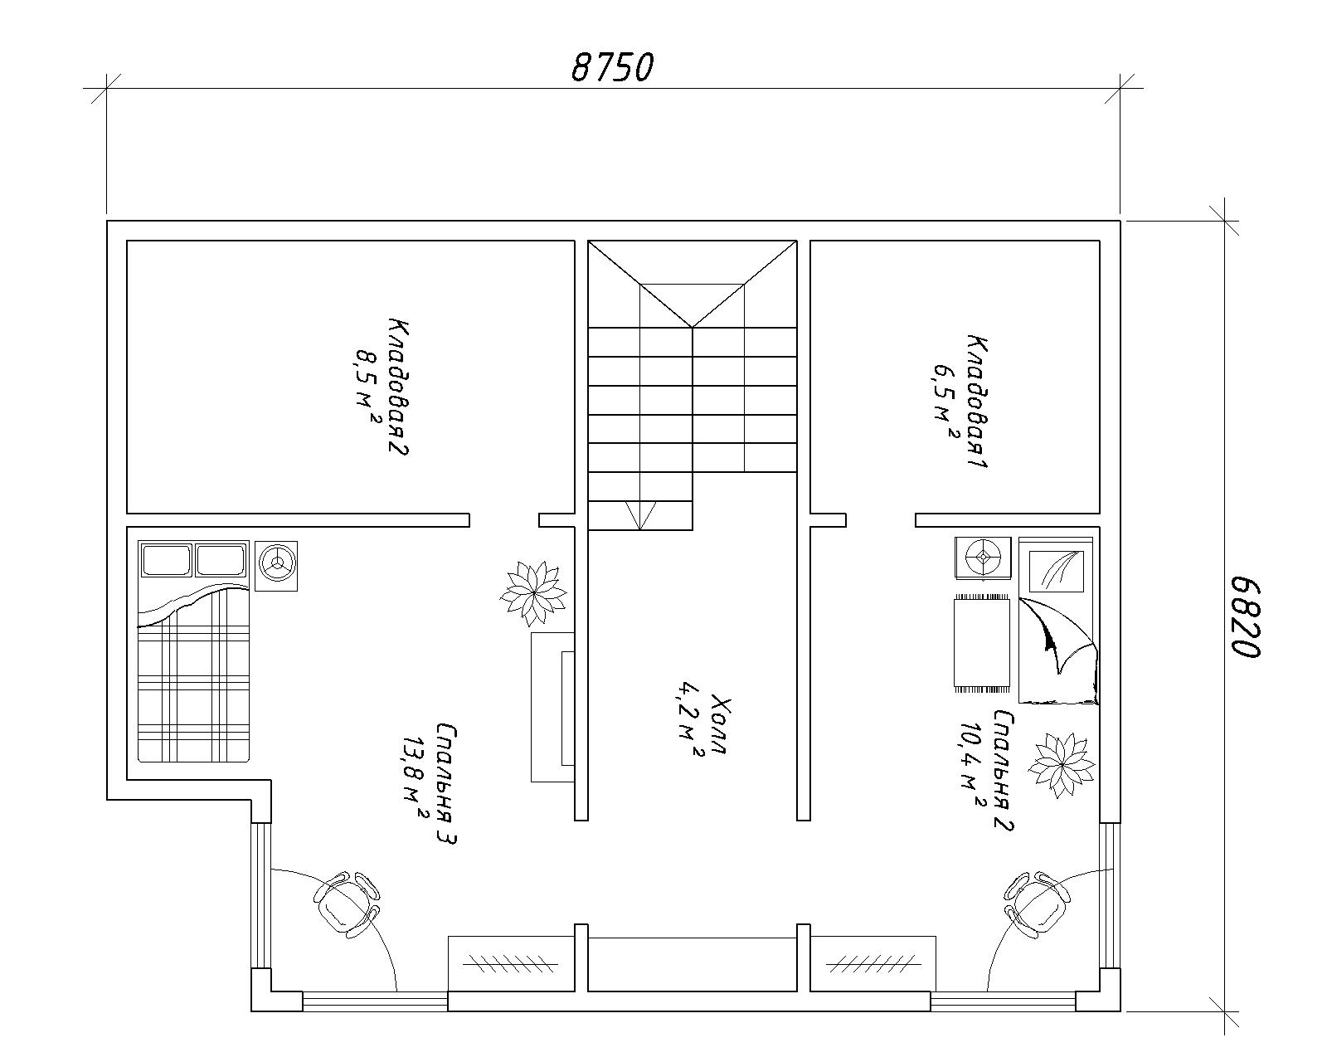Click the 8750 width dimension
[x=612, y=68]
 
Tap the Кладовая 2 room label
[x=398, y=387]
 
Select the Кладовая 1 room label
[x=977, y=402]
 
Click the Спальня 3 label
[x=446, y=784]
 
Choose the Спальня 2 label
[x=1003, y=771]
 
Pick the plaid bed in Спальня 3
[x=194, y=651]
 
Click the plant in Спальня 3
[x=533, y=593]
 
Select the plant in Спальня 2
[x=1062, y=765]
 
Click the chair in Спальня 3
[x=346, y=904]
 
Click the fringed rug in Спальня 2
[x=982, y=643]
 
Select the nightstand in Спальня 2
[x=984, y=558]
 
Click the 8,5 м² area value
[x=367, y=387]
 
